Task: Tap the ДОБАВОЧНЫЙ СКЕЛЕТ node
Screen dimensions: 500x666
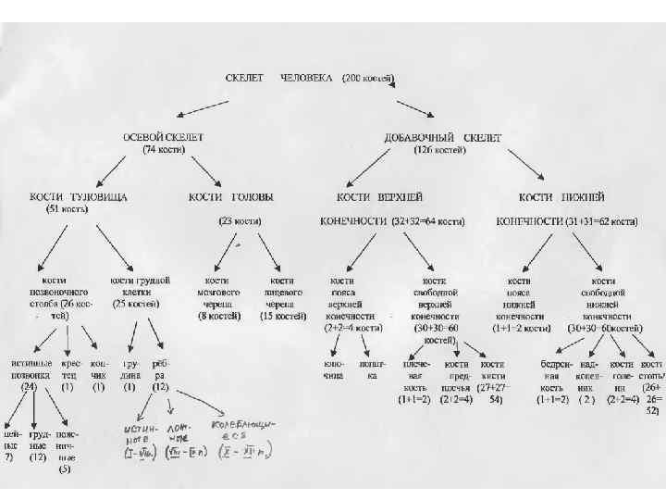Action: point(443,137)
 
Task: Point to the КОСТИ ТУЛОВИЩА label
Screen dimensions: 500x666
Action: point(79,197)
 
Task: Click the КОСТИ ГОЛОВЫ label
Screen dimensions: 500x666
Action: point(230,197)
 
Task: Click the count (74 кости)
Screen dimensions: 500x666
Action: point(165,148)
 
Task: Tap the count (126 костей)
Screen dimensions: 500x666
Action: point(438,148)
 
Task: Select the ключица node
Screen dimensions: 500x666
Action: point(334,370)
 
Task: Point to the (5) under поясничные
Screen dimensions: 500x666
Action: point(65,469)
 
